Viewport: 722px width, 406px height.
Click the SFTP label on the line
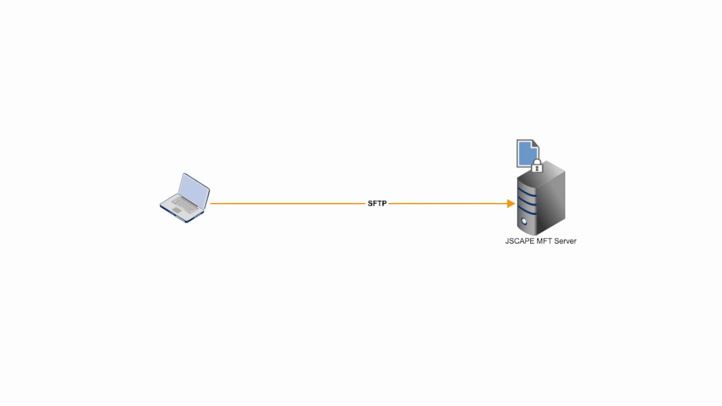(x=377, y=204)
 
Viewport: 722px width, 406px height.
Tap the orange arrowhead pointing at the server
(x=511, y=204)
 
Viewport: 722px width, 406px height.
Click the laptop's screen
(x=193, y=189)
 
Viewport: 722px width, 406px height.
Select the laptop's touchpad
(x=177, y=210)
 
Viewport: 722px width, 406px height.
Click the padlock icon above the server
(x=537, y=167)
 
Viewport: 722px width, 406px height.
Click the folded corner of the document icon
(x=535, y=144)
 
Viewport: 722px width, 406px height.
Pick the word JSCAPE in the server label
(x=517, y=241)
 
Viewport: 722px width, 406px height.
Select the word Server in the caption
(x=565, y=241)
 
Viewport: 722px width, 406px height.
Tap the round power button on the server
(x=524, y=221)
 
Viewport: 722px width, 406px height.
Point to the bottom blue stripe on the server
(x=527, y=210)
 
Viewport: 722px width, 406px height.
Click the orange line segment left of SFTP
(x=288, y=204)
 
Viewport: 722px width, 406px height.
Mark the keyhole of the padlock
(x=537, y=168)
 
